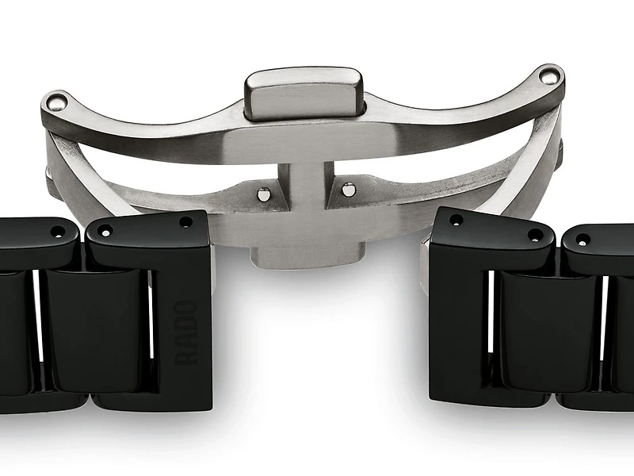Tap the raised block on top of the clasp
(x=304, y=92)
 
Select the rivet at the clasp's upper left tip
(x=53, y=101)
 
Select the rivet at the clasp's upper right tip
(x=551, y=76)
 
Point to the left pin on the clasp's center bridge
(x=262, y=194)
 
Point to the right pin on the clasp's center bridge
(x=348, y=189)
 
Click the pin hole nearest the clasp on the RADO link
(x=185, y=223)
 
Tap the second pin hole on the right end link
(x=536, y=235)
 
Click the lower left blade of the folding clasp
(x=158, y=190)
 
